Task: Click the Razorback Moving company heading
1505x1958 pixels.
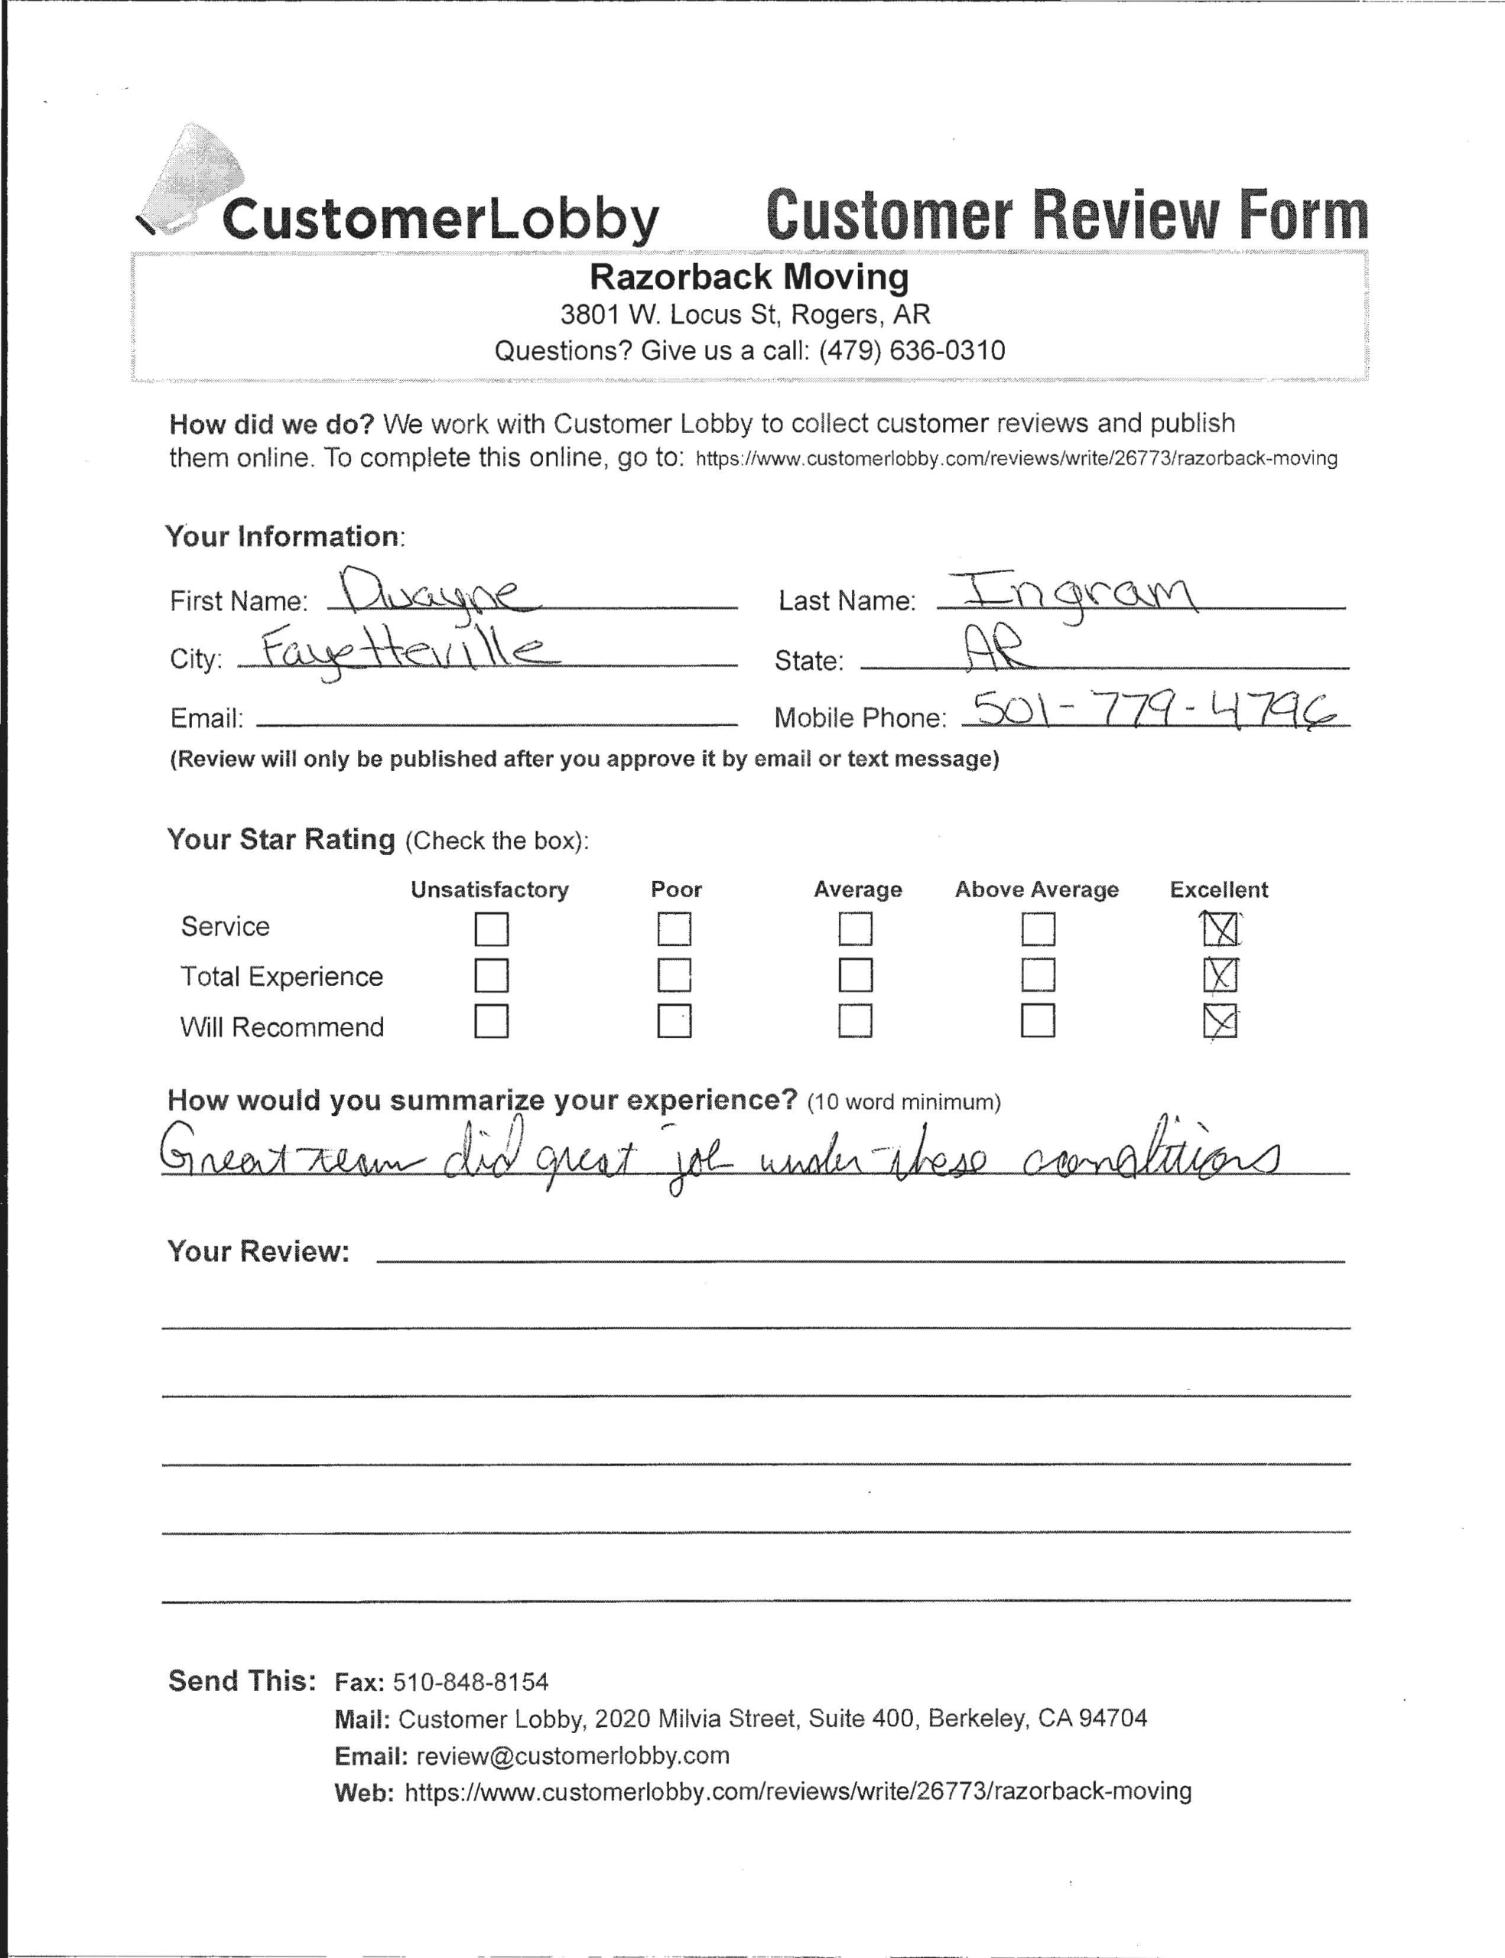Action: (749, 277)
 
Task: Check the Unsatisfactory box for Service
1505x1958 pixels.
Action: (491, 929)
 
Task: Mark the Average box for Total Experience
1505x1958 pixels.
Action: (856, 975)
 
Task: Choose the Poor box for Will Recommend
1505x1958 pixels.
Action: (674, 1021)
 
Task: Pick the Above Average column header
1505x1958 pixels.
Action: (1036, 890)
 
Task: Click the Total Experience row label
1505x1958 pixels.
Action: (281, 976)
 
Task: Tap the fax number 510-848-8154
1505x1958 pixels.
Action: (470, 1682)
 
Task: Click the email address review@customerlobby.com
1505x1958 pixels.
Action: (574, 1755)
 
